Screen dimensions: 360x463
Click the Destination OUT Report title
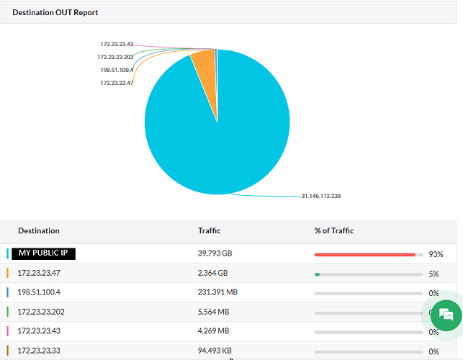(x=55, y=12)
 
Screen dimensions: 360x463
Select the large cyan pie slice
(x=216, y=133)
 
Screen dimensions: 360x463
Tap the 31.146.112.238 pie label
(x=320, y=196)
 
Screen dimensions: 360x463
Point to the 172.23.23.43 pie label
(x=117, y=45)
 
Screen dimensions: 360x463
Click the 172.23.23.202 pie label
(x=115, y=57)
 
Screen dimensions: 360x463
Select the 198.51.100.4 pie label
(x=116, y=70)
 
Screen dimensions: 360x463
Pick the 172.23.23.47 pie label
(x=117, y=83)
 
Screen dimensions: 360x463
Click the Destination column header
(x=39, y=231)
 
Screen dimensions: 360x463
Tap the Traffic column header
(x=209, y=231)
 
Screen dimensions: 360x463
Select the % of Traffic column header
(x=334, y=231)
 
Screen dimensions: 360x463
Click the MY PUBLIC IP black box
(x=44, y=253)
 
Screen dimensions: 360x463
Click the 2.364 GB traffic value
(x=212, y=274)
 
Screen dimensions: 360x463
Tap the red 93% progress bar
(x=364, y=254)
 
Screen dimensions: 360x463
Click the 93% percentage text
(x=436, y=254)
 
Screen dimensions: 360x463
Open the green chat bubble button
(x=446, y=315)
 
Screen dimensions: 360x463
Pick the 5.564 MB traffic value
(x=213, y=312)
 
